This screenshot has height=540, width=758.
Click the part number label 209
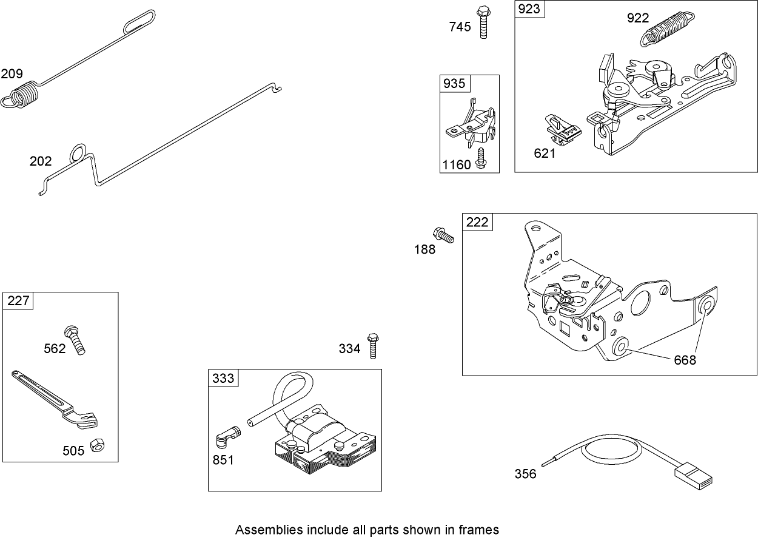(12, 74)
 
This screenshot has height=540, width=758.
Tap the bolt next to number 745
(483, 22)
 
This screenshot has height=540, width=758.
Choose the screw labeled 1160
(481, 157)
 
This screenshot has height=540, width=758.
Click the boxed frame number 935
(454, 83)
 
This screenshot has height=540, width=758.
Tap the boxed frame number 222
(477, 222)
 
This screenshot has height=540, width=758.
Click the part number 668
(685, 360)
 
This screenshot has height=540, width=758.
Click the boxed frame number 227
(18, 300)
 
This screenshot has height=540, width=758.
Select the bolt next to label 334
(373, 345)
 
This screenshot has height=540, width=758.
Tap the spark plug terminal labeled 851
(227, 436)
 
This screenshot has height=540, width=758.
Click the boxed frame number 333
(223, 378)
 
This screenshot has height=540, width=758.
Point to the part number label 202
(41, 161)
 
